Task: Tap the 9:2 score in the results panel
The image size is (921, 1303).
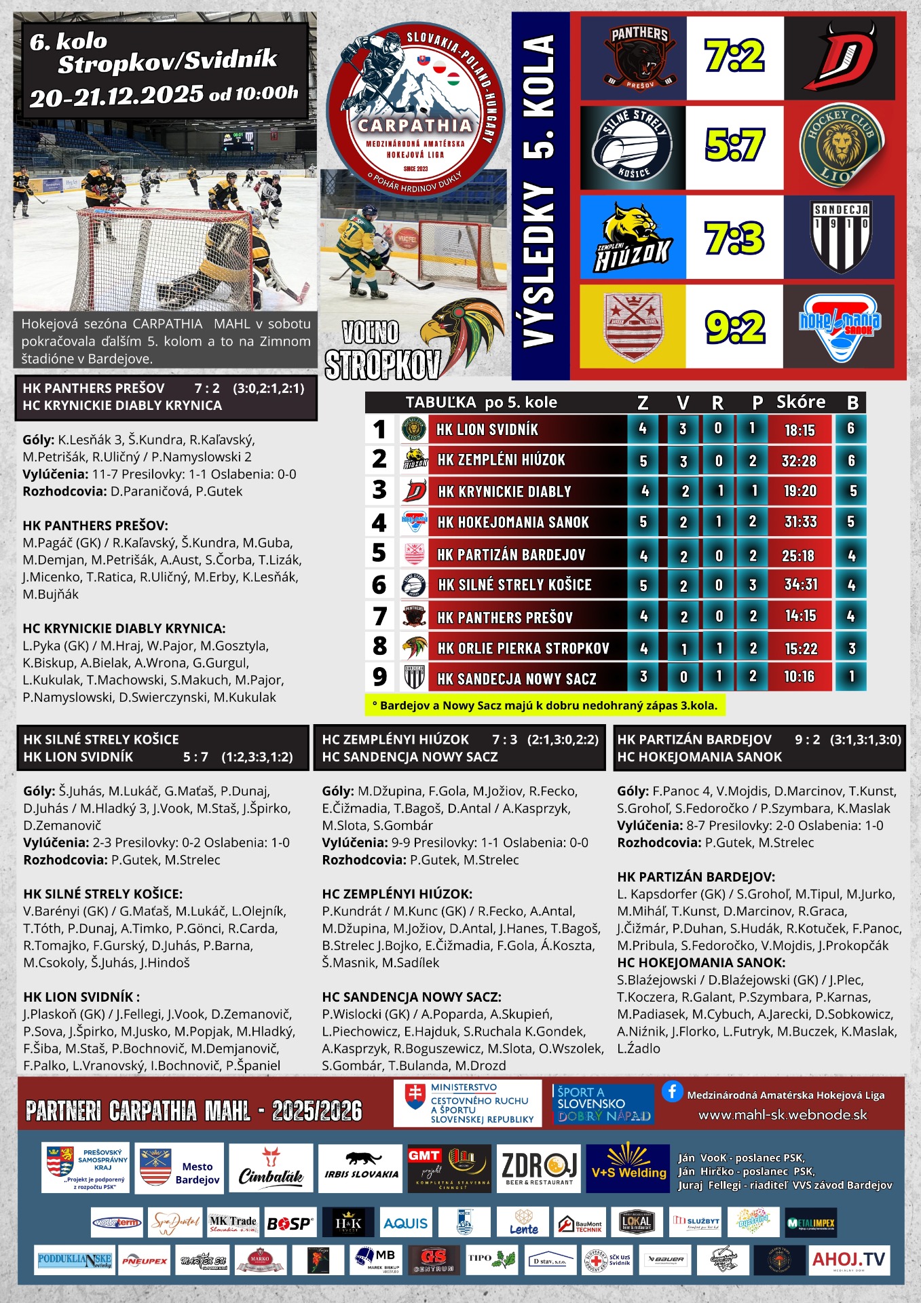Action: coord(734,327)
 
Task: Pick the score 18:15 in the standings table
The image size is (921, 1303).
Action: coord(799,430)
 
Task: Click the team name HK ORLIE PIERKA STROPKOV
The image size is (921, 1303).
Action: coord(523,649)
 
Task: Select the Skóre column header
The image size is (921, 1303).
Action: coord(801,402)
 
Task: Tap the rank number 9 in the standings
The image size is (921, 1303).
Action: coord(379,677)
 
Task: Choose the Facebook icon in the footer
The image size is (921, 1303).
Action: coord(672,1091)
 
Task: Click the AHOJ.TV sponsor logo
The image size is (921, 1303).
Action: coord(848,1260)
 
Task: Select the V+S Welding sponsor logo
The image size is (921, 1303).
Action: coord(629,1168)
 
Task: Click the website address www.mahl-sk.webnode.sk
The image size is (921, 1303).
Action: coord(783,1115)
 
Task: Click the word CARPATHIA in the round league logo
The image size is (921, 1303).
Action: coord(415,126)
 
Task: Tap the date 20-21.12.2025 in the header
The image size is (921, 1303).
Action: coord(116,96)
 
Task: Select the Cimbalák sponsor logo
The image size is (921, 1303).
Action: coord(271,1168)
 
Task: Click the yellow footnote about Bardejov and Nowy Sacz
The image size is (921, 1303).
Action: coord(544,705)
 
